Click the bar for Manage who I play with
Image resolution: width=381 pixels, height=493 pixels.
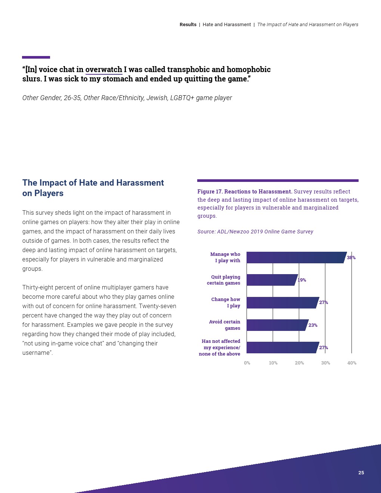296,257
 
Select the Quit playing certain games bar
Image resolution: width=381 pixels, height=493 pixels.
272,280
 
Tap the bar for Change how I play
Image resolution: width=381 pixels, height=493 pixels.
282,303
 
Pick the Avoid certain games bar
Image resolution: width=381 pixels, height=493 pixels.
277,325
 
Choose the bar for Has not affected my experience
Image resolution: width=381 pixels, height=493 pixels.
282,347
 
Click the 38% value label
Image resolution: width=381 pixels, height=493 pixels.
351,258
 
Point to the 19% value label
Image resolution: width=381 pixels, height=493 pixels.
302,280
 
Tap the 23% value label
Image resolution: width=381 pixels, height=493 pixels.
313,325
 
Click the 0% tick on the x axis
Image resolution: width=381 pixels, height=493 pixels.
247,363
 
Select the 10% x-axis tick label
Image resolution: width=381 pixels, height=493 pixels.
273,363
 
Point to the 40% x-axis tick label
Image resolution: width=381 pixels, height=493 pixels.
352,363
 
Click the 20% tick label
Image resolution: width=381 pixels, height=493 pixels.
299,363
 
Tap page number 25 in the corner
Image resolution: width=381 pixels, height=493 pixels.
361,473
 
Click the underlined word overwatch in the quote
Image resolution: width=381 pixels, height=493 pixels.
104,69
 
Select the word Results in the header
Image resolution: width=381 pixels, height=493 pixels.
188,25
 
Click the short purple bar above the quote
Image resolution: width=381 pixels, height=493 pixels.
36,57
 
